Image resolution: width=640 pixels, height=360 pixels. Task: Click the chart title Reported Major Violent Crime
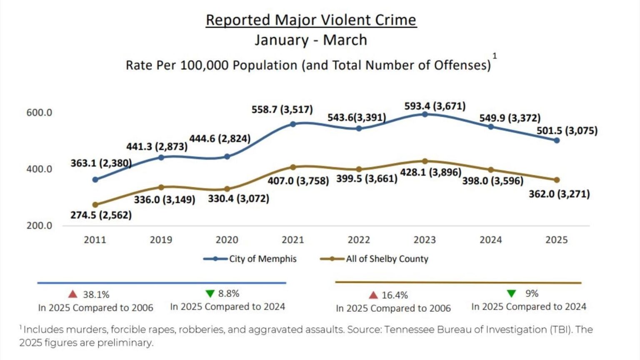(311, 20)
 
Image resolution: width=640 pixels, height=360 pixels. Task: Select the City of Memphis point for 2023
(425, 114)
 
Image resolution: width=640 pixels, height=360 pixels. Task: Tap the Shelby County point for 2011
(95, 205)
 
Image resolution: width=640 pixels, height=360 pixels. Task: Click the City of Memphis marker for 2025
(557, 140)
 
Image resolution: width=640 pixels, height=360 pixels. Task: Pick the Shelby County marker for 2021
(293, 167)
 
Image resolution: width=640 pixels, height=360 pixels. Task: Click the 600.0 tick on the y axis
(39, 112)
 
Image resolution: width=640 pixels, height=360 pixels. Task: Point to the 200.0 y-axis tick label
(39, 225)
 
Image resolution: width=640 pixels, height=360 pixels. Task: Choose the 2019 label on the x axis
(161, 240)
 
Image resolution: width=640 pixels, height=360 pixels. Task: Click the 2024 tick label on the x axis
(490, 240)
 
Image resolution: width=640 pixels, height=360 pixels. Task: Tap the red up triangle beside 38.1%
(73, 294)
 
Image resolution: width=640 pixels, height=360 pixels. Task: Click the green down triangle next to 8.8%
(210, 294)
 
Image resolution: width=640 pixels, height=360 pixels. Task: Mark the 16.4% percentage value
(395, 295)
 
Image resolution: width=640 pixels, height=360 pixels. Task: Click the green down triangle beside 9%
(511, 294)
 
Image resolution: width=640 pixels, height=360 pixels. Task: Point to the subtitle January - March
(311, 40)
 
